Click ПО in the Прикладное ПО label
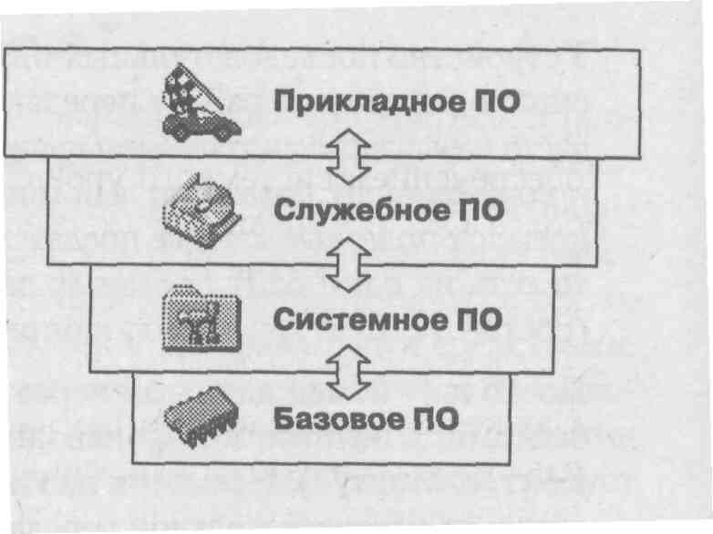(x=497, y=101)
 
